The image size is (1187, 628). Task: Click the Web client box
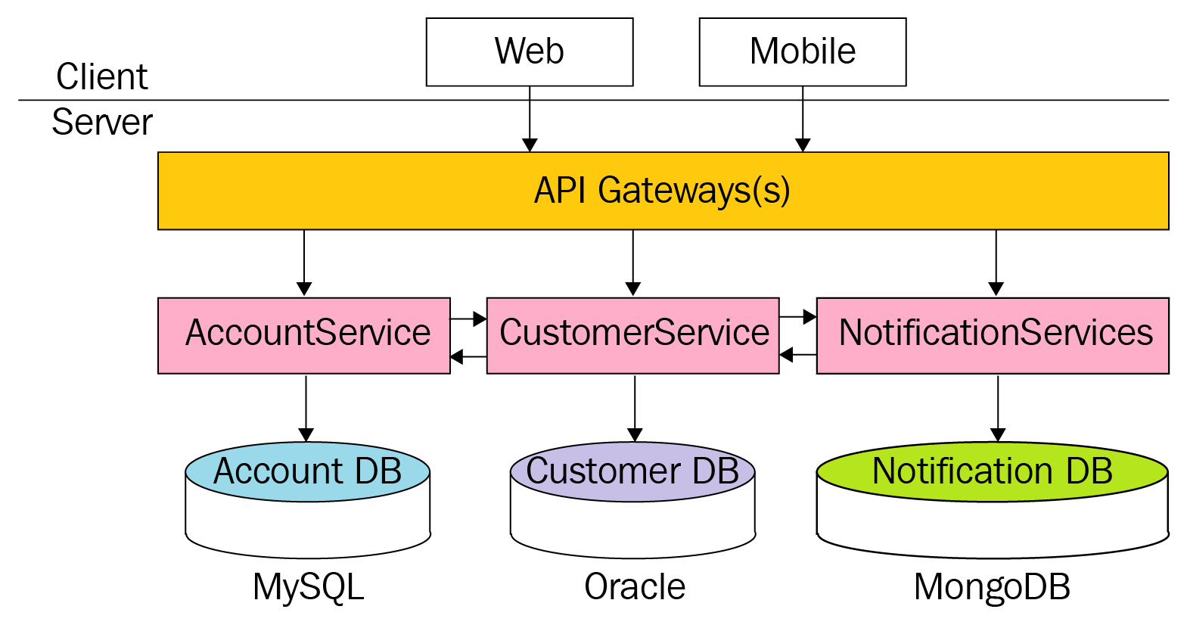tap(530, 51)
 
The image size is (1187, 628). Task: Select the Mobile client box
tap(802, 51)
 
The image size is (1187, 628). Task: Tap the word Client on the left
tap(102, 76)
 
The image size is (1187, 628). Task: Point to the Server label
tap(102, 122)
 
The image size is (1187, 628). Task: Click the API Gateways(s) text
tap(662, 190)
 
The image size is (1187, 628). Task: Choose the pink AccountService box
tap(304, 334)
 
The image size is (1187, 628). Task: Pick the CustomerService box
tap(633, 334)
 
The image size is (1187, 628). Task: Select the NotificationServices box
tap(993, 334)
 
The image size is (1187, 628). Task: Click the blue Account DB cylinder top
tap(307, 471)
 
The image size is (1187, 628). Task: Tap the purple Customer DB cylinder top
tap(632, 471)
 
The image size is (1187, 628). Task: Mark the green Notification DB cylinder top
tap(992, 471)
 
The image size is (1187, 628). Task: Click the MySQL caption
tap(308, 586)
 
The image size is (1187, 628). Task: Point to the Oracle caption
tap(635, 586)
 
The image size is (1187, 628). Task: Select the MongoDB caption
tap(992, 586)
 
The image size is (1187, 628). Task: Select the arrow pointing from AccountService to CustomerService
tap(469, 319)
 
